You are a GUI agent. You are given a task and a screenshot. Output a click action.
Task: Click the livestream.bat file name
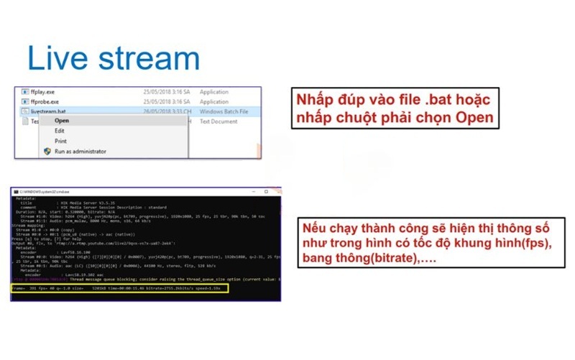click(x=50, y=112)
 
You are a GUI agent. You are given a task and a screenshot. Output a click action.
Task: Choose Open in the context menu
click(x=62, y=121)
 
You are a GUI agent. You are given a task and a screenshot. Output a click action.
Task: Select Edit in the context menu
click(x=60, y=131)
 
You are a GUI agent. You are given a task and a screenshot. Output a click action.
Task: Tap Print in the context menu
click(x=60, y=141)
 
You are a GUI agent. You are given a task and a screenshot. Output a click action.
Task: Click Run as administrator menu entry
click(x=80, y=152)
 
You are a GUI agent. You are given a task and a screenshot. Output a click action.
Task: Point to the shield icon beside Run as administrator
click(x=47, y=152)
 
